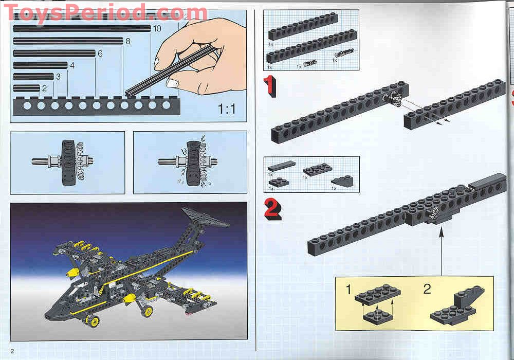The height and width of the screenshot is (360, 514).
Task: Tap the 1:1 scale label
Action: pos(227,109)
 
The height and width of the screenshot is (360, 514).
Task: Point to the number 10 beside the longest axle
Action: pos(157,28)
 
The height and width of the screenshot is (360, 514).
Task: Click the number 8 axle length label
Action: pos(128,41)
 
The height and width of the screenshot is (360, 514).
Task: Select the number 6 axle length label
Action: pos(100,53)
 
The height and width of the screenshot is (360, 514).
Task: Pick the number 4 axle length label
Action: pos(72,65)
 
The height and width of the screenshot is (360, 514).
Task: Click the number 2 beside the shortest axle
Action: pos(44,88)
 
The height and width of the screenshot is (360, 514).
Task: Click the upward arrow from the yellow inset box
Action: pos(440,252)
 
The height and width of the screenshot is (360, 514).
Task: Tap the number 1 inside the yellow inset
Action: pos(348,290)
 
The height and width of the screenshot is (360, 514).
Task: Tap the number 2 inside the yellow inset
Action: pos(427,289)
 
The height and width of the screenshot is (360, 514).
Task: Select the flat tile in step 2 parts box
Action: pos(282,165)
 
